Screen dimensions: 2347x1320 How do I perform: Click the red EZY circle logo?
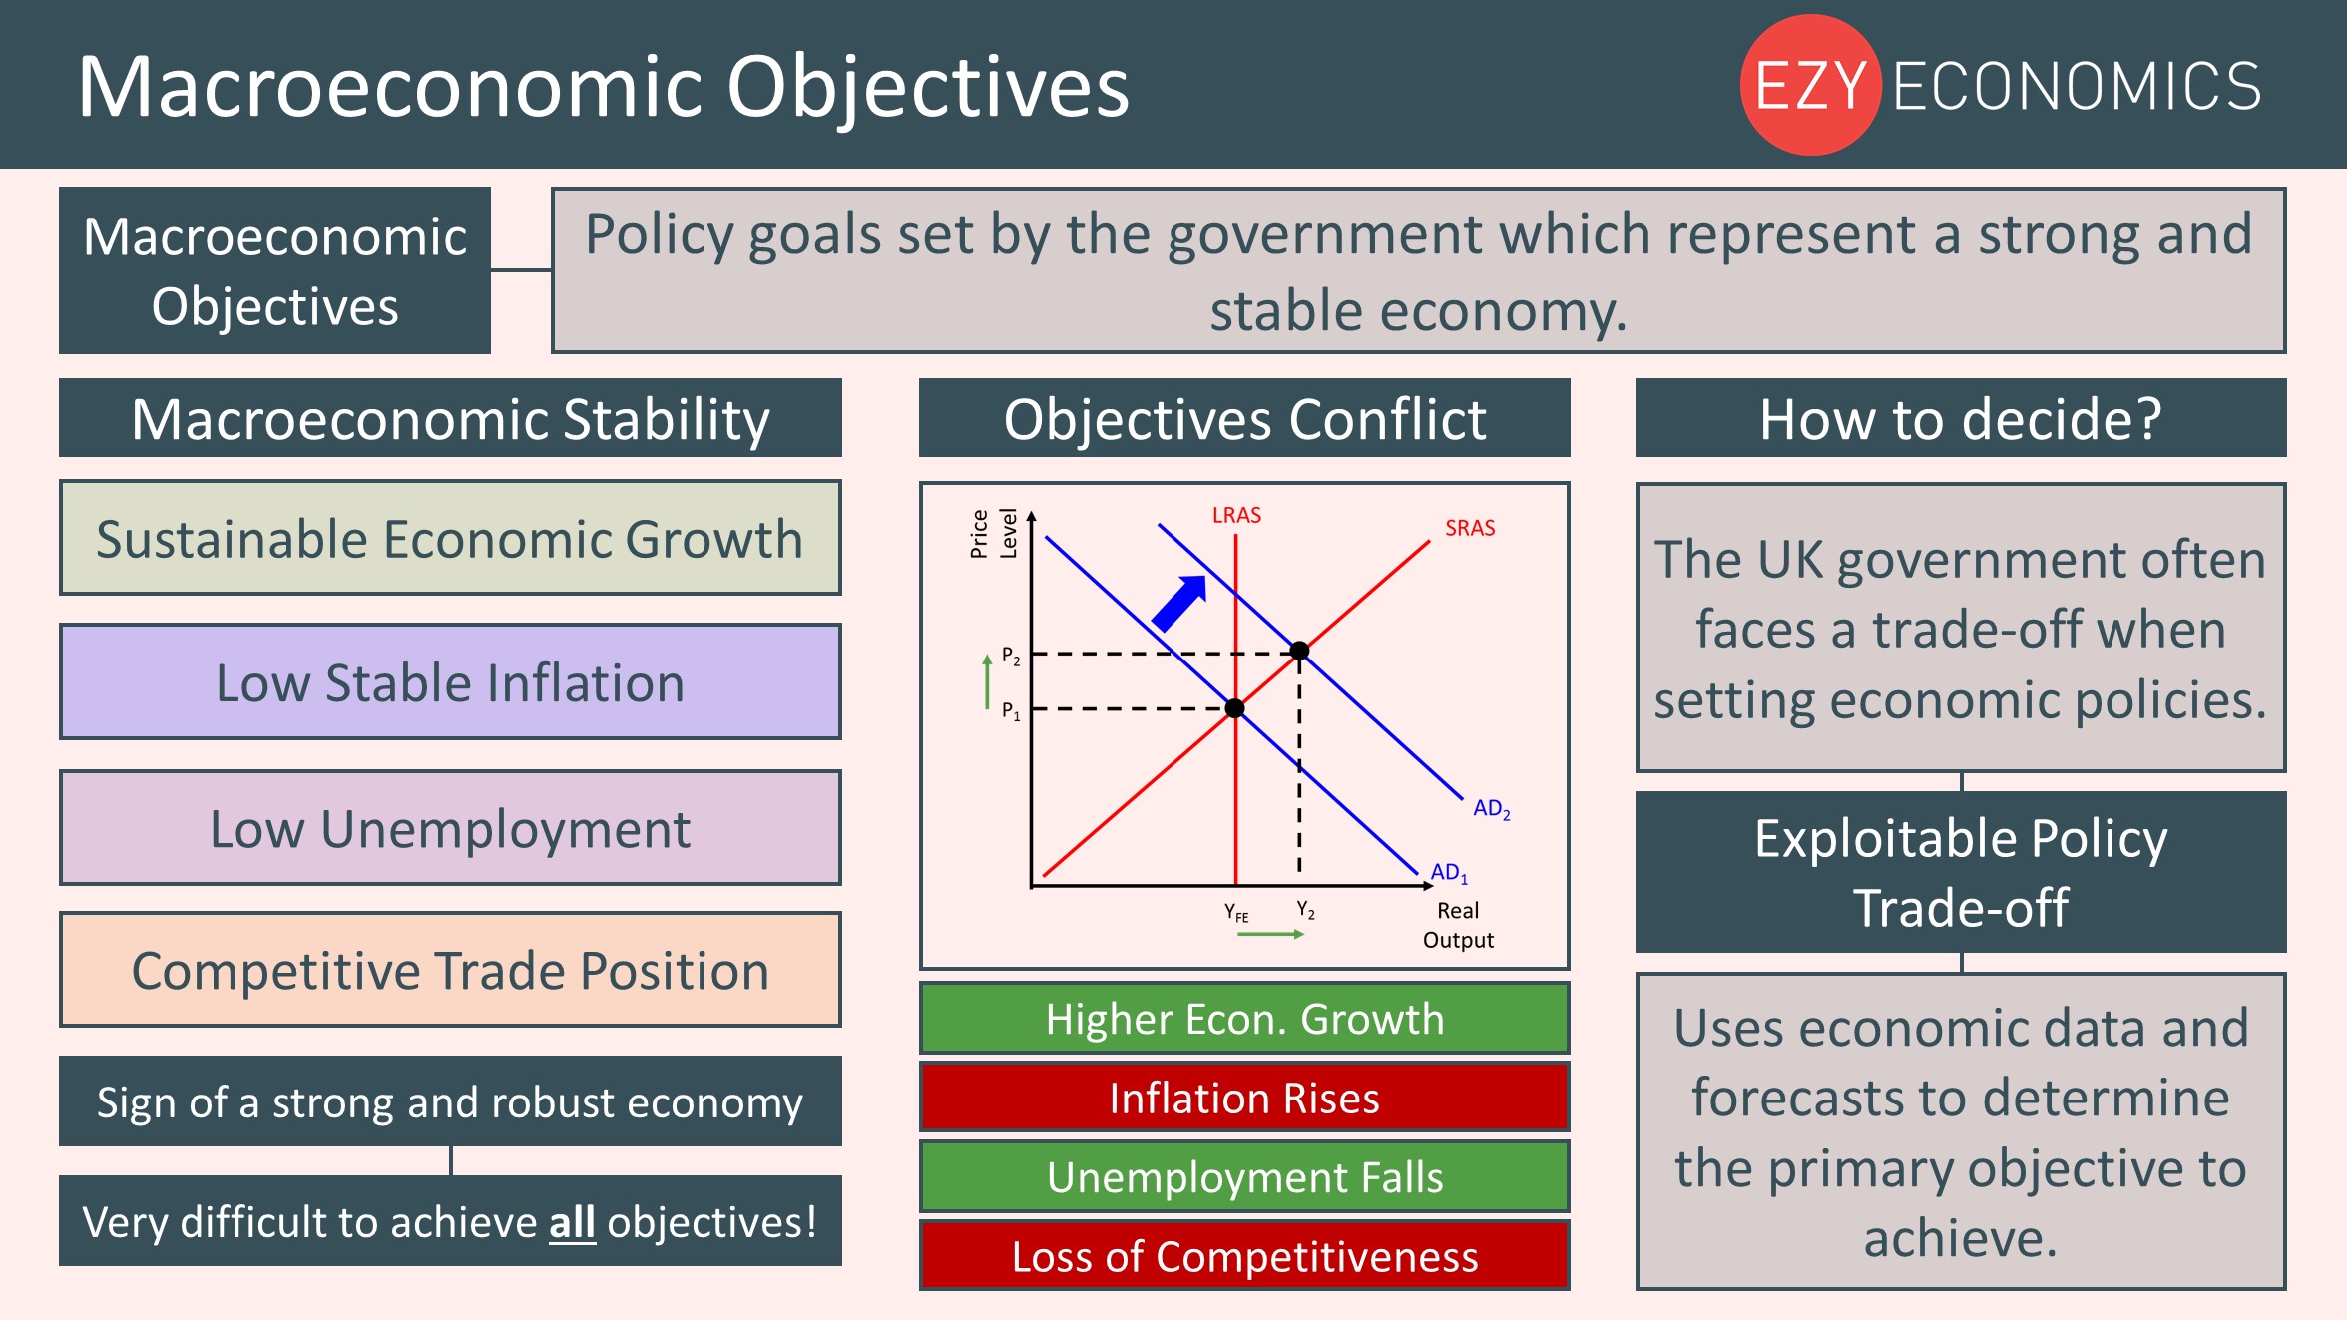click(x=1810, y=85)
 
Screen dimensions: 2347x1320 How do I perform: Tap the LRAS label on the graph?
click(x=1236, y=515)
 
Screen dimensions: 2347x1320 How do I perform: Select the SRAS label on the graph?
click(x=1470, y=528)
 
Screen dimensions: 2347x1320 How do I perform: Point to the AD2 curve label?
click(x=1492, y=809)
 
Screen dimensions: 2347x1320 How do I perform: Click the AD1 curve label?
click(x=1449, y=873)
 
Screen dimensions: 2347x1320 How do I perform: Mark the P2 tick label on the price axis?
click(x=1011, y=657)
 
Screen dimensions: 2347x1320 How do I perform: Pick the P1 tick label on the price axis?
click(x=1011, y=711)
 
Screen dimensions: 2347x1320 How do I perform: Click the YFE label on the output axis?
click(x=1236, y=912)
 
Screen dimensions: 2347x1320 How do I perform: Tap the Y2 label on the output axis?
click(x=1306, y=910)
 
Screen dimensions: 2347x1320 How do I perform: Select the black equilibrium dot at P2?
click(x=1299, y=651)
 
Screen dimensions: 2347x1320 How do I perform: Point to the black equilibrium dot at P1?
click(x=1235, y=708)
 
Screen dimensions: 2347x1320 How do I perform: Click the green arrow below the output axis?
click(x=1270, y=934)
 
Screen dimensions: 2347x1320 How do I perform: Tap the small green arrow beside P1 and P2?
click(x=987, y=681)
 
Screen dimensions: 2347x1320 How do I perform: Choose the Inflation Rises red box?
click(x=1244, y=1098)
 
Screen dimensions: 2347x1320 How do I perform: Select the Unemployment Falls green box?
click(x=1244, y=1177)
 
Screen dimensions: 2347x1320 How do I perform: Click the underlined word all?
click(x=572, y=1222)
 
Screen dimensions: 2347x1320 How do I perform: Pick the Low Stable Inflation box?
click(x=450, y=682)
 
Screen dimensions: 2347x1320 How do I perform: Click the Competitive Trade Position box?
click(x=450, y=970)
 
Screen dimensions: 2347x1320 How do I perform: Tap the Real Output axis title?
click(x=1458, y=925)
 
